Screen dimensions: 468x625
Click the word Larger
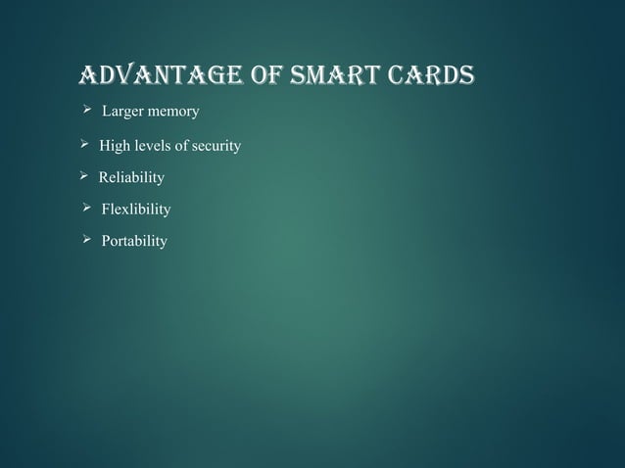coord(123,114)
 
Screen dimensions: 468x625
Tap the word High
coord(114,147)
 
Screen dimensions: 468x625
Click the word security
coord(216,147)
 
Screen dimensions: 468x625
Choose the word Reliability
coord(131,178)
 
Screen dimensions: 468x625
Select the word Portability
coord(134,241)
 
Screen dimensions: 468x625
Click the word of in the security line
coord(182,147)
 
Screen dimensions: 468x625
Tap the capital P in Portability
coord(106,241)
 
